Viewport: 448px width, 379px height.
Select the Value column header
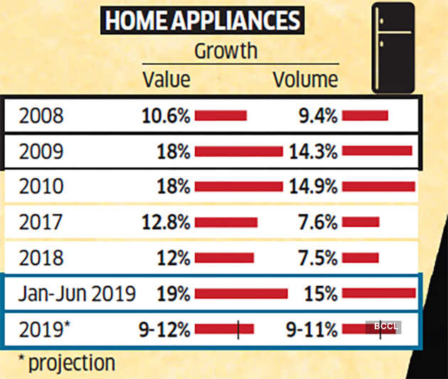pos(166,79)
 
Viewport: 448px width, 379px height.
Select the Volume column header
pos(306,79)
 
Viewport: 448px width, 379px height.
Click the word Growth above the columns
pos(225,51)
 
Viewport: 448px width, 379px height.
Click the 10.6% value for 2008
pos(166,116)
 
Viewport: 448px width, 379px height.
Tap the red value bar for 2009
pos(238,151)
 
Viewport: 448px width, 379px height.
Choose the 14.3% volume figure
pos(312,151)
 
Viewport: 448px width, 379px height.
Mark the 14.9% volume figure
pos(312,187)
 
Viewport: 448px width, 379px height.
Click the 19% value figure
pos(174,293)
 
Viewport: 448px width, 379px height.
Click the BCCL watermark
pos(383,327)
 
